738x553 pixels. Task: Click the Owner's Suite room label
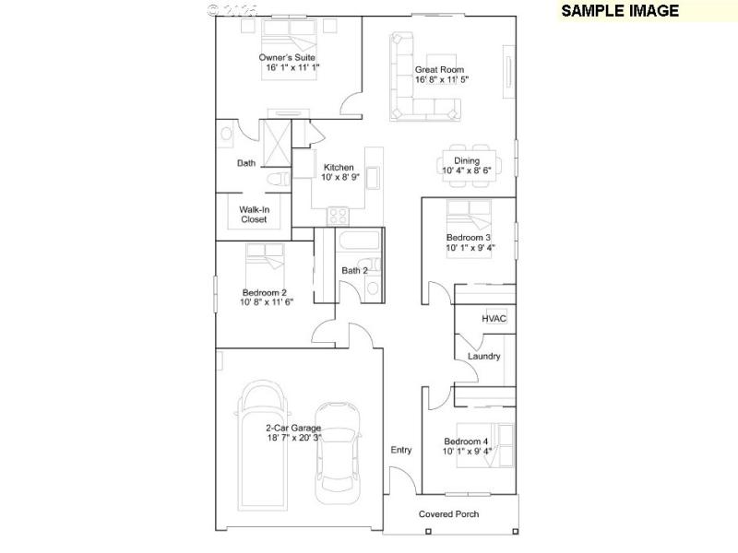[292, 57]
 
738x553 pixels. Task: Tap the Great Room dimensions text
[442, 80]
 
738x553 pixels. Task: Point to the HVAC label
[494, 319]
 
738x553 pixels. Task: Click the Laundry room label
[483, 356]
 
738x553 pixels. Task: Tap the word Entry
[400, 450]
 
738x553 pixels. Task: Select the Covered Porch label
[449, 513]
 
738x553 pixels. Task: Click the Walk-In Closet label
[254, 215]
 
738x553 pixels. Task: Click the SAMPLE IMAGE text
[620, 11]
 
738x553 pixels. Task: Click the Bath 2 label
[354, 271]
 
